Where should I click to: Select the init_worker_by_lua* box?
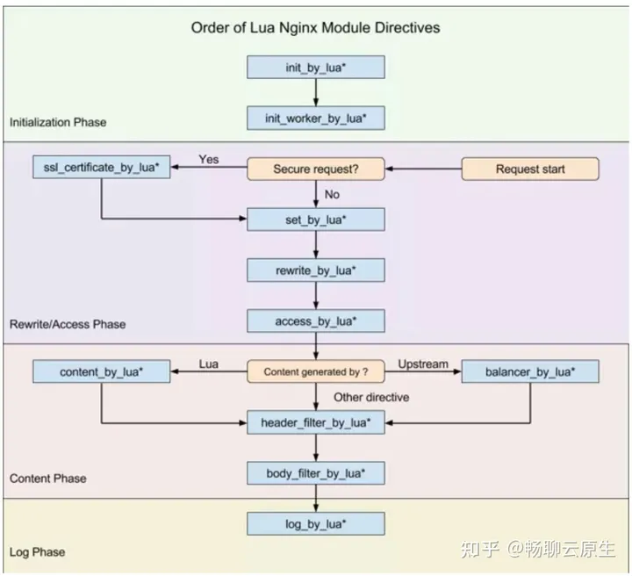316,118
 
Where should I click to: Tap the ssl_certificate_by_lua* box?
102,169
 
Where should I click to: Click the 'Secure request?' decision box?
316,169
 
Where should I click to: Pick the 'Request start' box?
530,169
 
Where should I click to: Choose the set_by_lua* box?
316,220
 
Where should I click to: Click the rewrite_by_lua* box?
316,270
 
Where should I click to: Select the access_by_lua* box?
316,321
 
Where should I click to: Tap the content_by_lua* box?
102,372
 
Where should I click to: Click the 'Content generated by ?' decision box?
316,372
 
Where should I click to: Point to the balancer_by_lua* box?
530,372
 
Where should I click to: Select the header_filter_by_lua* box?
316,423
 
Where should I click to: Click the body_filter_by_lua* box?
316,474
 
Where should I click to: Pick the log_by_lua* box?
316,525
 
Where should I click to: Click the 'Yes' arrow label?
209,159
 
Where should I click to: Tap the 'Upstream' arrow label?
423,363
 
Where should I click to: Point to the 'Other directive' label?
371,397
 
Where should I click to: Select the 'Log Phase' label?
37,552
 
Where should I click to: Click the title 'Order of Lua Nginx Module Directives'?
316,27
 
